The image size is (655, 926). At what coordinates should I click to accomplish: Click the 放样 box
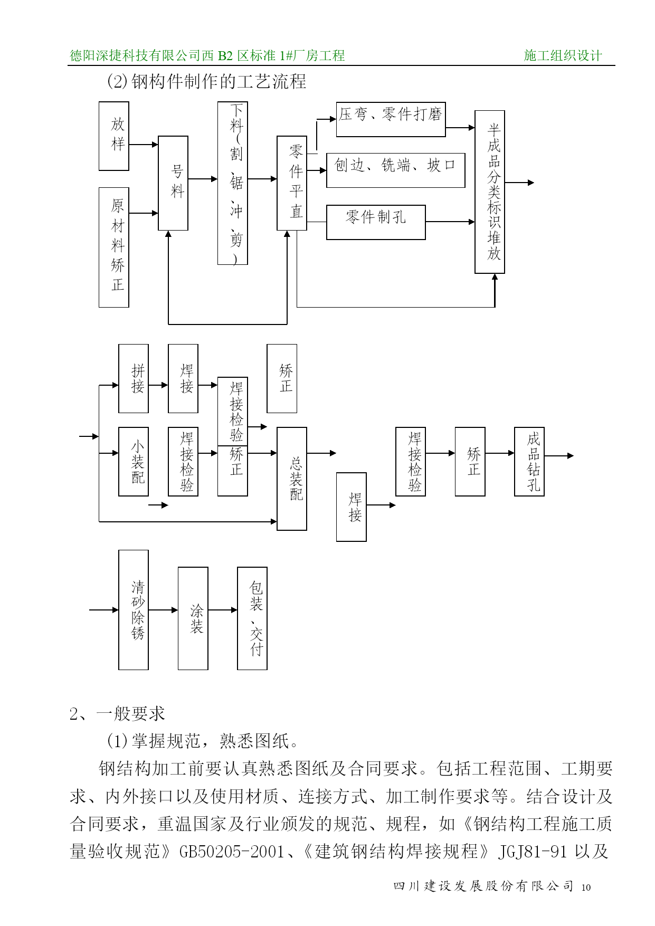tap(114, 136)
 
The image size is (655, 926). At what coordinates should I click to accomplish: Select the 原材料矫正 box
tap(114, 247)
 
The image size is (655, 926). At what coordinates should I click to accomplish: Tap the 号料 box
tap(173, 183)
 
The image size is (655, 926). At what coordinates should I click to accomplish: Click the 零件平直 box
tap(292, 183)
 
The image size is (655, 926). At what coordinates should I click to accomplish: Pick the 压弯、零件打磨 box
tap(391, 119)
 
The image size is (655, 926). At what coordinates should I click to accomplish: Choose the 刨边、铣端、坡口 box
tap(396, 170)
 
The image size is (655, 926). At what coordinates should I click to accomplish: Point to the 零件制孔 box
tap(376, 222)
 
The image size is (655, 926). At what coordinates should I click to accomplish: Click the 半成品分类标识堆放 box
tap(490, 192)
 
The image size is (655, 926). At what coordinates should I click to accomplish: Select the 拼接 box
tap(134, 378)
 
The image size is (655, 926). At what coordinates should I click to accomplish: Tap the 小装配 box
tap(134, 462)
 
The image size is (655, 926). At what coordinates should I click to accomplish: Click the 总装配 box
tap(292, 479)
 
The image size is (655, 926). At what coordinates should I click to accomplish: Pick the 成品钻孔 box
tap(529, 462)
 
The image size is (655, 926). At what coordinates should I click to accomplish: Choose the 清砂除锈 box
tap(134, 610)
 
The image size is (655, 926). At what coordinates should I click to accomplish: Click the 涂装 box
tap(193, 618)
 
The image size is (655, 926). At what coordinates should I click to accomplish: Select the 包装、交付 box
tap(252, 618)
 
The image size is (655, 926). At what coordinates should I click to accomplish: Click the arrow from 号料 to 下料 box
tap(203, 179)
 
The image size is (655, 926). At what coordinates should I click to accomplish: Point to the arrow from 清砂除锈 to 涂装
tap(164, 610)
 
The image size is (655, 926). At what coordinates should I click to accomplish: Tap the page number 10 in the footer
tap(586, 887)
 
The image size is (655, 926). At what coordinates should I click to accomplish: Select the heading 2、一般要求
tap(117, 714)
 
